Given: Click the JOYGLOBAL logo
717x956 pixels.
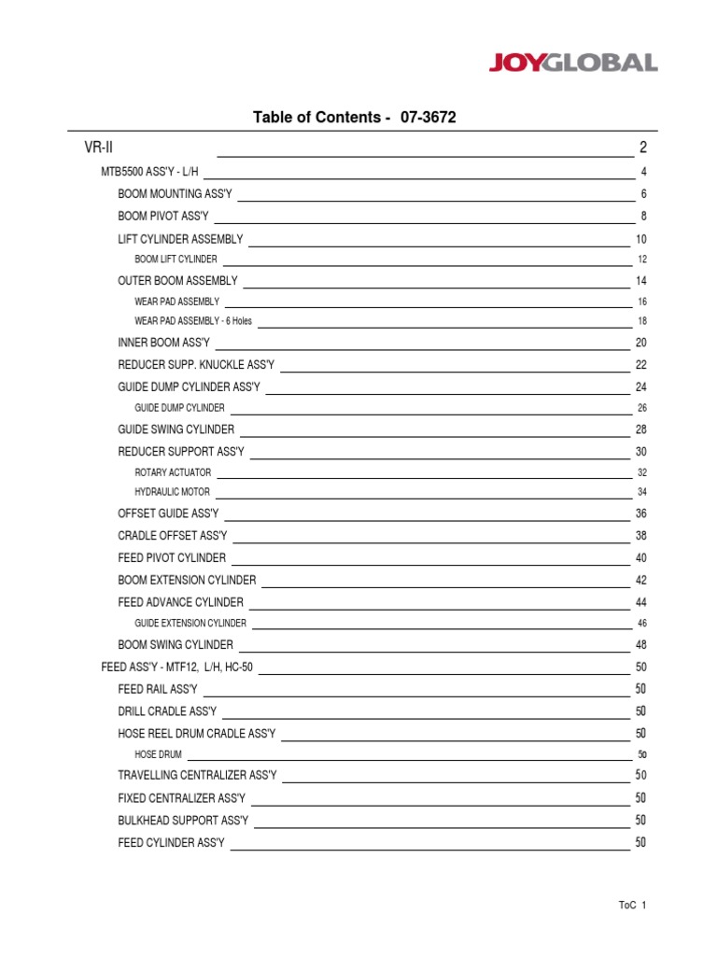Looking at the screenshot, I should tap(573, 63).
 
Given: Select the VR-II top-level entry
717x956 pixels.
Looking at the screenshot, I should tap(98, 148).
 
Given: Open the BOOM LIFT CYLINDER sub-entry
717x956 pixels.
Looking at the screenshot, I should tap(176, 260).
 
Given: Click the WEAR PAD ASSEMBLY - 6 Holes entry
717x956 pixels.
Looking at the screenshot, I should tap(193, 321).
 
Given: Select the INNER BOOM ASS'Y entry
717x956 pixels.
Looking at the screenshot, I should tap(164, 343).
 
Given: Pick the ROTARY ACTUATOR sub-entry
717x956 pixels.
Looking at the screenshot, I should tap(173, 472).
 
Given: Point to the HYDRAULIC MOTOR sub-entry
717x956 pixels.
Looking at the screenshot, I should tap(173, 492).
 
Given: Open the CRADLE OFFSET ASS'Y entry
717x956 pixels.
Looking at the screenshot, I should tap(173, 536).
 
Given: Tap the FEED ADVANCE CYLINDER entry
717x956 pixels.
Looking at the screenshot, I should tap(180, 602).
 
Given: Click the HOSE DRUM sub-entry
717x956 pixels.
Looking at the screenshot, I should tap(159, 753).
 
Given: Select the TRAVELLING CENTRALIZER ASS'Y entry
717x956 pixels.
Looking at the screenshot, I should tap(197, 775).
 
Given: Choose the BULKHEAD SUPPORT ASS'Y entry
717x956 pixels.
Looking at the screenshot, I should tap(183, 820).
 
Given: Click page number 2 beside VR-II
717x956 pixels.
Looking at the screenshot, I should tap(643, 148).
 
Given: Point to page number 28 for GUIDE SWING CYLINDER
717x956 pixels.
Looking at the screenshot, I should tap(640, 429).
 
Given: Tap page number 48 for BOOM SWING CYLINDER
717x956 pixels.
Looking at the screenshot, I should tap(640, 645).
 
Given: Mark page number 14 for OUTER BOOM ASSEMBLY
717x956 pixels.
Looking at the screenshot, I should tap(640, 281).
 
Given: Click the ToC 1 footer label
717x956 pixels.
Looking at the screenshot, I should tap(632, 906).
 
